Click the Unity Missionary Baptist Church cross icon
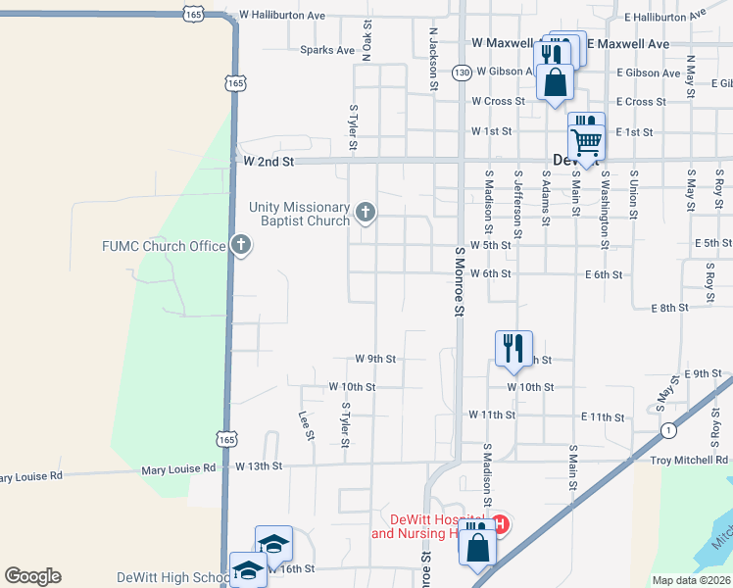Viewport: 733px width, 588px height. (x=366, y=212)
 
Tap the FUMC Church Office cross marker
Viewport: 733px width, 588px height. (x=241, y=246)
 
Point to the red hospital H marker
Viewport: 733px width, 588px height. (x=500, y=524)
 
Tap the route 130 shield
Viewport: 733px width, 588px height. (x=463, y=73)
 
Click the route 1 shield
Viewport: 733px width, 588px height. (x=668, y=430)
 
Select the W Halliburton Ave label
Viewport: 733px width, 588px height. (x=282, y=16)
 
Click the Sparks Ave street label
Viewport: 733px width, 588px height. (x=327, y=50)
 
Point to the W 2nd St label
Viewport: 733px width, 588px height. (x=268, y=161)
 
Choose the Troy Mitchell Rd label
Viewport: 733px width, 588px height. (x=690, y=460)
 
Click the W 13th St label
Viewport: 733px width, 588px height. (x=259, y=467)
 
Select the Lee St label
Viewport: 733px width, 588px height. (x=306, y=424)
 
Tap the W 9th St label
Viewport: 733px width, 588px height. (x=375, y=360)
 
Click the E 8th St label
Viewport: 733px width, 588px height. (x=670, y=308)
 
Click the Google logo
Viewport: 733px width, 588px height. (x=32, y=576)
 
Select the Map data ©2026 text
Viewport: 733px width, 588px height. (x=691, y=580)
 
